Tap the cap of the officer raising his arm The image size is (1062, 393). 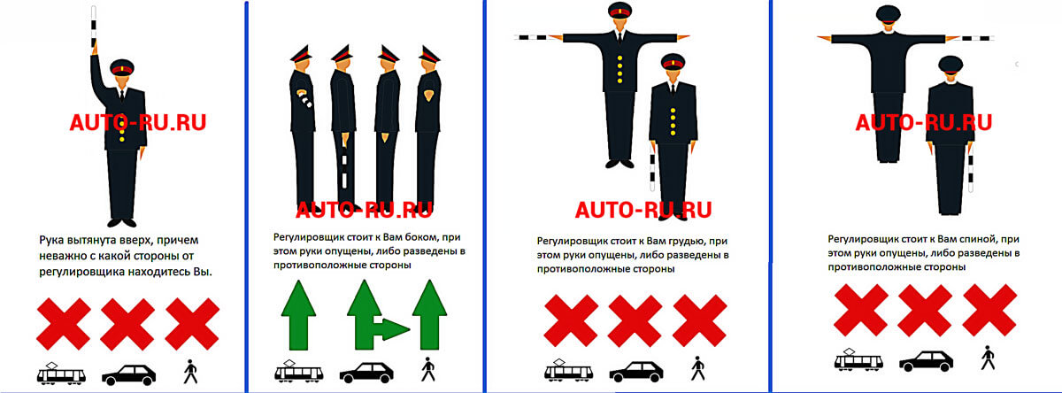122,67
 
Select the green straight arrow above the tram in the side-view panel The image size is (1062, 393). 298,314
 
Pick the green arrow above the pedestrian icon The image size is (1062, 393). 429,314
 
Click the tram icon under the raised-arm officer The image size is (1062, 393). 61,374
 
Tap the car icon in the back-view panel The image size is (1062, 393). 926,361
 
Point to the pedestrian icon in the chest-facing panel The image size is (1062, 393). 697,368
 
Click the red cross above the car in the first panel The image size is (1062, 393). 127,323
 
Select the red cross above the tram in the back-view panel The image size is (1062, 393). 861,310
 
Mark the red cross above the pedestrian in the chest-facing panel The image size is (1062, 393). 700,321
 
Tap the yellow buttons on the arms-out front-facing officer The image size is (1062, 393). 619,70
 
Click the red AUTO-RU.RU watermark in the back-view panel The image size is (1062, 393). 924,122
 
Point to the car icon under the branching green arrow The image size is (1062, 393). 366,373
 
